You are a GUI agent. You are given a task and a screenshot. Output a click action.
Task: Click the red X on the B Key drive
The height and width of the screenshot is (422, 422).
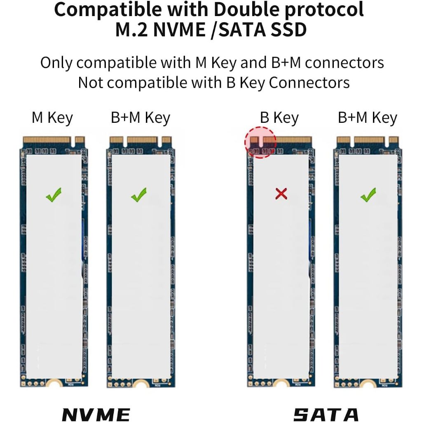click(x=281, y=194)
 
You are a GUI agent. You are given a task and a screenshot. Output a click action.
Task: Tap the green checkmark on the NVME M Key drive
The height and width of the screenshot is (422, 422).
click(x=54, y=195)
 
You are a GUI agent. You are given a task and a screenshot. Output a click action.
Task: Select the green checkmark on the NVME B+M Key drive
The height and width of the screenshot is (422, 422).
click(x=139, y=195)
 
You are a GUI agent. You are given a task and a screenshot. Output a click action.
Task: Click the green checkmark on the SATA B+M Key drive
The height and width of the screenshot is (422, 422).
click(x=368, y=195)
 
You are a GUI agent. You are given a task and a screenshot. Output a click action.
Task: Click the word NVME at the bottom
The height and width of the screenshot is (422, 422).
click(x=96, y=414)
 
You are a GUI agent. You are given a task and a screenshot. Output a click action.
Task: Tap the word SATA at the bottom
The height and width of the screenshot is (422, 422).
click(x=326, y=414)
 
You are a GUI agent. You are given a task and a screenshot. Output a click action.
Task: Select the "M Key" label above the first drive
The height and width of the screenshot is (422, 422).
click(x=52, y=118)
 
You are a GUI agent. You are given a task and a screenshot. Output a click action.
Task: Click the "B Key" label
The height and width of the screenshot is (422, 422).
click(x=279, y=118)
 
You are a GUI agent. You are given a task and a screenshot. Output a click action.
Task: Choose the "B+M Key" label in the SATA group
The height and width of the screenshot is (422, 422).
click(x=368, y=118)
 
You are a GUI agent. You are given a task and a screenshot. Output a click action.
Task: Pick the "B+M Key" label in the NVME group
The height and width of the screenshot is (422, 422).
click(x=141, y=118)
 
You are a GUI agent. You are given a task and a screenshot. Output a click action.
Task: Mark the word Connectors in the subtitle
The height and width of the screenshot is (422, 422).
click(x=309, y=82)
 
